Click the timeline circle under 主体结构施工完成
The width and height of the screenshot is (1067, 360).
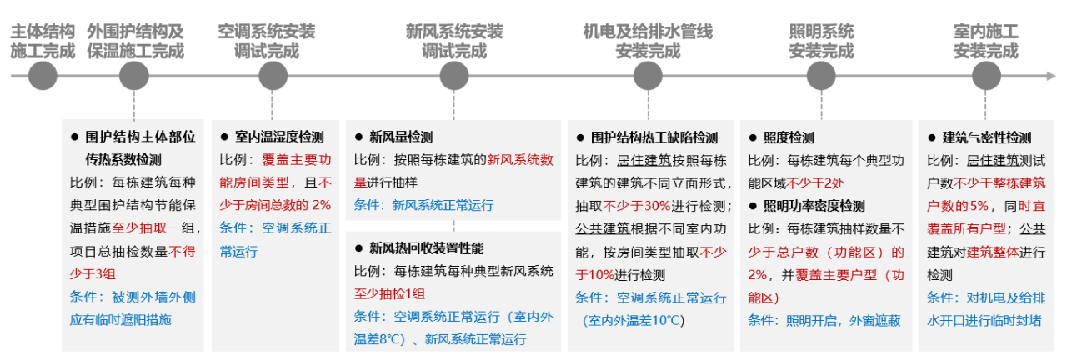tap(43, 76)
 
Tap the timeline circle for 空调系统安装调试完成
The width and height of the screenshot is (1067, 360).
tap(273, 76)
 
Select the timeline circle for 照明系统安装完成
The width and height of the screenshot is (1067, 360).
tap(820, 76)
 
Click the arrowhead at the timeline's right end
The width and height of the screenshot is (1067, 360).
tap(1056, 76)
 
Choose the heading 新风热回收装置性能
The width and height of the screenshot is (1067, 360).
tap(426, 247)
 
